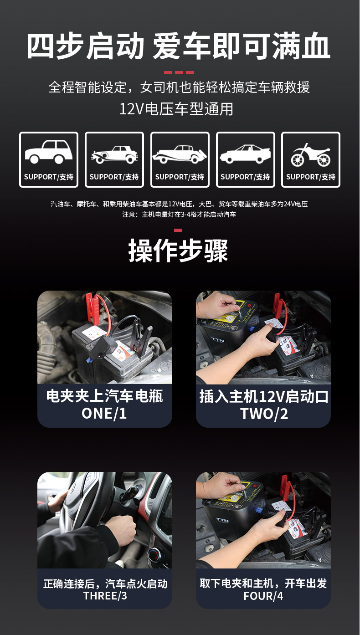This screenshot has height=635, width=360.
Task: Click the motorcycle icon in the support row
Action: pyautogui.click(x=311, y=155)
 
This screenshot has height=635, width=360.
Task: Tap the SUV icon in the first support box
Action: pyautogui.click(x=48, y=152)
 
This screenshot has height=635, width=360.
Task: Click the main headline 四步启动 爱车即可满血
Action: pyautogui.click(x=179, y=46)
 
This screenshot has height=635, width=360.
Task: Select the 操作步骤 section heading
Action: pyautogui.click(x=178, y=251)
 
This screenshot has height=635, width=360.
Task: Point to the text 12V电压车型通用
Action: pyautogui.click(x=176, y=109)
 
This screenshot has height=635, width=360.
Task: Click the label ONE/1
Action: pyautogui.click(x=104, y=413)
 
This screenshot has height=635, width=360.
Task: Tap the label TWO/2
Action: pyautogui.click(x=264, y=414)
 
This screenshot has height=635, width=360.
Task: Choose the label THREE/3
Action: pyautogui.click(x=105, y=595)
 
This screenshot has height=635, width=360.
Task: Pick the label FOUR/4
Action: pyautogui.click(x=263, y=596)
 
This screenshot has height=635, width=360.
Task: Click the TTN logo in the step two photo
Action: pyautogui.click(x=217, y=340)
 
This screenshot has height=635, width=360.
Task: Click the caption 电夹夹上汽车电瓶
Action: pyautogui.click(x=105, y=396)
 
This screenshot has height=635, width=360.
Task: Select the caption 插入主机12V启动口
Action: pyautogui.click(x=264, y=396)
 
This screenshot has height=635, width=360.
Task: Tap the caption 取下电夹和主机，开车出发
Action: pyautogui.click(x=263, y=583)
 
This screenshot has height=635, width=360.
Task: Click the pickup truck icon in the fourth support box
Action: pyautogui.click(x=245, y=154)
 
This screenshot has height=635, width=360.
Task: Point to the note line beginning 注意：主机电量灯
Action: pyautogui.click(x=179, y=214)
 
